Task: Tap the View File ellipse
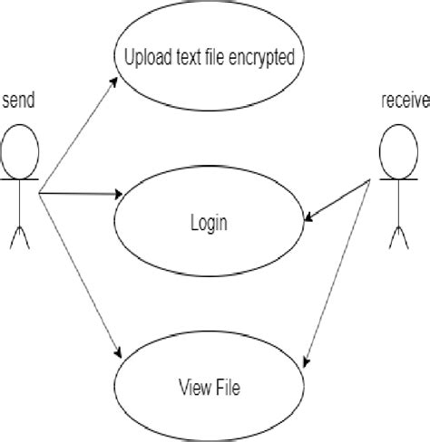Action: tap(208, 388)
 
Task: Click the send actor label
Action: tap(18, 101)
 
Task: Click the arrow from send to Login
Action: tap(82, 193)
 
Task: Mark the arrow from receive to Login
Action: tap(340, 201)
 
